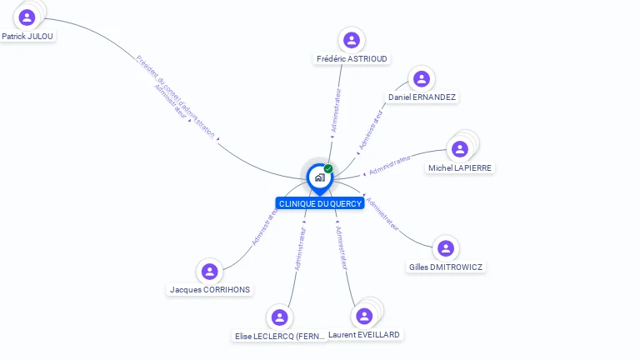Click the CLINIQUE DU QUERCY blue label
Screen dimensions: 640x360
[x=320, y=203]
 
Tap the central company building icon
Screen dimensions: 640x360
[x=319, y=177]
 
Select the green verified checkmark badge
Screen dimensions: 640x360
[x=328, y=168]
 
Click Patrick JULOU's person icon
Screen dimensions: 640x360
[x=27, y=17]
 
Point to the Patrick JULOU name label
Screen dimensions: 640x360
[x=28, y=37]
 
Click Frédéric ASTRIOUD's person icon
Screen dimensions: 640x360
[x=352, y=39]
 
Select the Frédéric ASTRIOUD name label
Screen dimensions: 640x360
[x=352, y=59]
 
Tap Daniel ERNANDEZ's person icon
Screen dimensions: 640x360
[x=422, y=78]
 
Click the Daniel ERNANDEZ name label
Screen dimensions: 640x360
[x=422, y=97]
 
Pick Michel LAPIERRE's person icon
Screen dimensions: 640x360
[x=459, y=149]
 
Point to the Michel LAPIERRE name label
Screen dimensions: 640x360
[x=460, y=168]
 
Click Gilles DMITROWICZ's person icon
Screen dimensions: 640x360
[x=446, y=247]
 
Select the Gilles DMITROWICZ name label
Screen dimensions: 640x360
[x=446, y=267]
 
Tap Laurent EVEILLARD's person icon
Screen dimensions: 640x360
[x=363, y=316]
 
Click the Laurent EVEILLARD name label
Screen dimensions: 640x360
[x=365, y=335]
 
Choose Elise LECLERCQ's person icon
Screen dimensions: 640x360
[x=280, y=317]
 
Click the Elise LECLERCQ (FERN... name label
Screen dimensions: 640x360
[x=280, y=337]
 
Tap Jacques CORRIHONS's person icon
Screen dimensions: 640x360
[x=209, y=271]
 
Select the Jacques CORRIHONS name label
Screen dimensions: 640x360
[x=210, y=290]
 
